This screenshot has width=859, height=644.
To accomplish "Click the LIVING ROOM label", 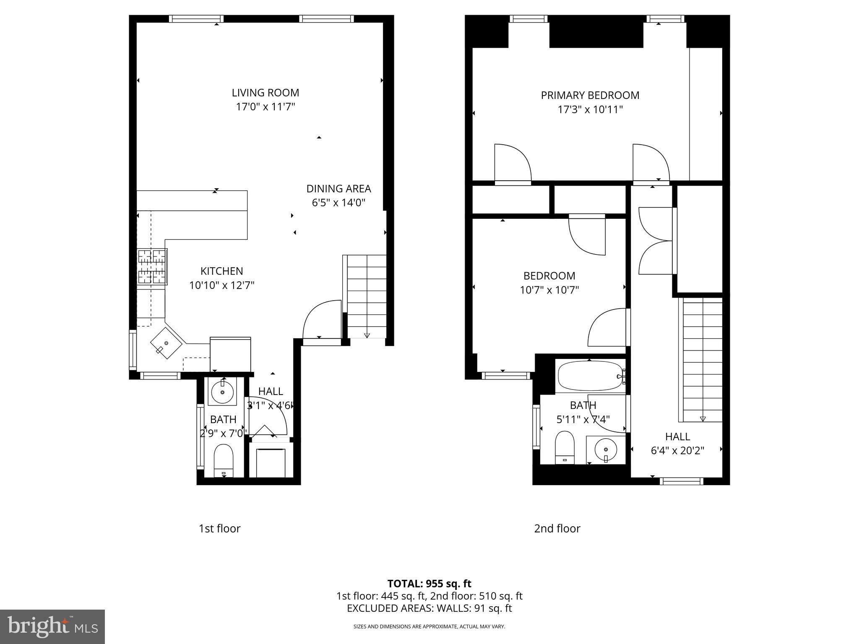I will pyautogui.click(x=266, y=93).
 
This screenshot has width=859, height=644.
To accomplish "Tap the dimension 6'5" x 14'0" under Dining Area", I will pyautogui.click(x=338, y=203).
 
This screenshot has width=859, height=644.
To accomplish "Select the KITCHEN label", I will pyautogui.click(x=221, y=271).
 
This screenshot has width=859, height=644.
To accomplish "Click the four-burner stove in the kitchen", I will pyautogui.click(x=152, y=267).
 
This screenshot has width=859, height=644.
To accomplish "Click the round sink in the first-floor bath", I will pyautogui.click(x=222, y=392).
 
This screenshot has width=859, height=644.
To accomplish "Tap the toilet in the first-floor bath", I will pyautogui.click(x=224, y=460).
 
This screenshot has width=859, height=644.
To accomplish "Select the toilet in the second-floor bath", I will pyautogui.click(x=565, y=447).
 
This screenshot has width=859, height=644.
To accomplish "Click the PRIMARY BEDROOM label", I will pyautogui.click(x=590, y=95).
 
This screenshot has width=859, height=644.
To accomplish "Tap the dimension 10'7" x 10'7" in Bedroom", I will pyautogui.click(x=549, y=290).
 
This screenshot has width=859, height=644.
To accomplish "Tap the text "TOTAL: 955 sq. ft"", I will pyautogui.click(x=429, y=584).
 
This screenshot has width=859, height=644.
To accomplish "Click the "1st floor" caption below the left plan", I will pyautogui.click(x=219, y=528).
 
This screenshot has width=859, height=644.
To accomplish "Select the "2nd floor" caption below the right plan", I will pyautogui.click(x=557, y=528).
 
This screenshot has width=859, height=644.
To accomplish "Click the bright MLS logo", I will pyautogui.click(x=52, y=626).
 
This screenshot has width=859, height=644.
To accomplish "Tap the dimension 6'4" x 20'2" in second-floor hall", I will pyautogui.click(x=677, y=451).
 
